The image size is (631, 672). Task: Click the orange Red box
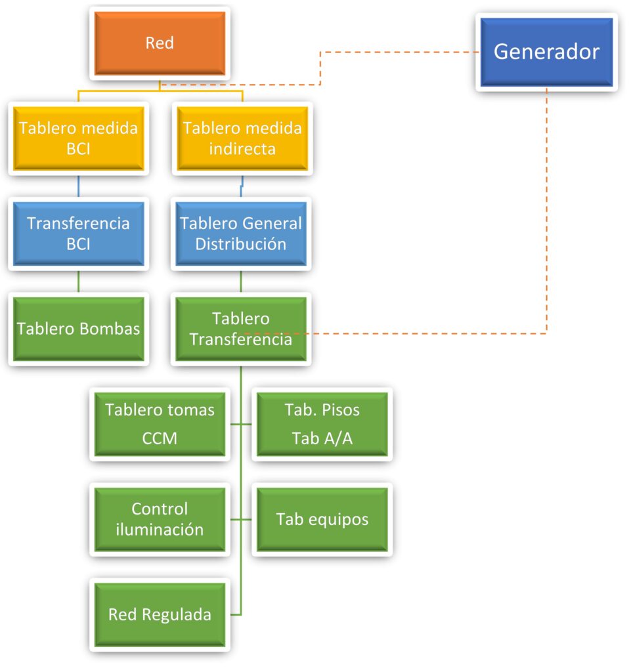(x=160, y=43)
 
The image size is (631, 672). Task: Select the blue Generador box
(x=546, y=52)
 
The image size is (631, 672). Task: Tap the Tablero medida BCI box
(x=78, y=138)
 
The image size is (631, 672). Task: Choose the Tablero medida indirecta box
(x=242, y=138)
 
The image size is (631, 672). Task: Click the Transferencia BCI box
(x=78, y=233)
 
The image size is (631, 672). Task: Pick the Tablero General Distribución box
(x=241, y=233)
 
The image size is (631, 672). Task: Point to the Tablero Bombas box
(x=78, y=328)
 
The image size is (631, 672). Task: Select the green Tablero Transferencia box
(x=241, y=329)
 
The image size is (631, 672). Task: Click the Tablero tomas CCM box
(x=160, y=423)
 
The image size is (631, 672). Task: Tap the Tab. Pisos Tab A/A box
(x=322, y=423)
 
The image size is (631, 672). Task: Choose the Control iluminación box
(x=160, y=518)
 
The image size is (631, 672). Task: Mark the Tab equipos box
(x=322, y=519)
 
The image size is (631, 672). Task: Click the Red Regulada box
(x=160, y=614)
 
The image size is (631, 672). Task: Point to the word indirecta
(x=242, y=149)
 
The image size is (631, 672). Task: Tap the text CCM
(x=160, y=438)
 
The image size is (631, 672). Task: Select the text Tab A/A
(x=322, y=438)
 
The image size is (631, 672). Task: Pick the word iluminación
(x=160, y=530)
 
